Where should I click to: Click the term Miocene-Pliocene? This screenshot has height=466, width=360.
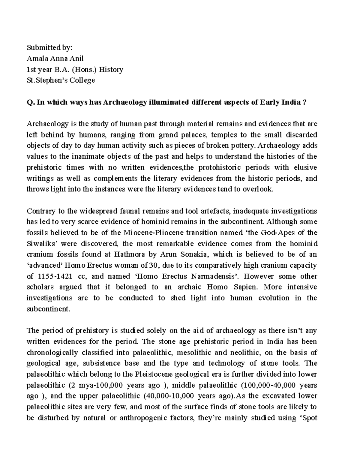tap(156, 233)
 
